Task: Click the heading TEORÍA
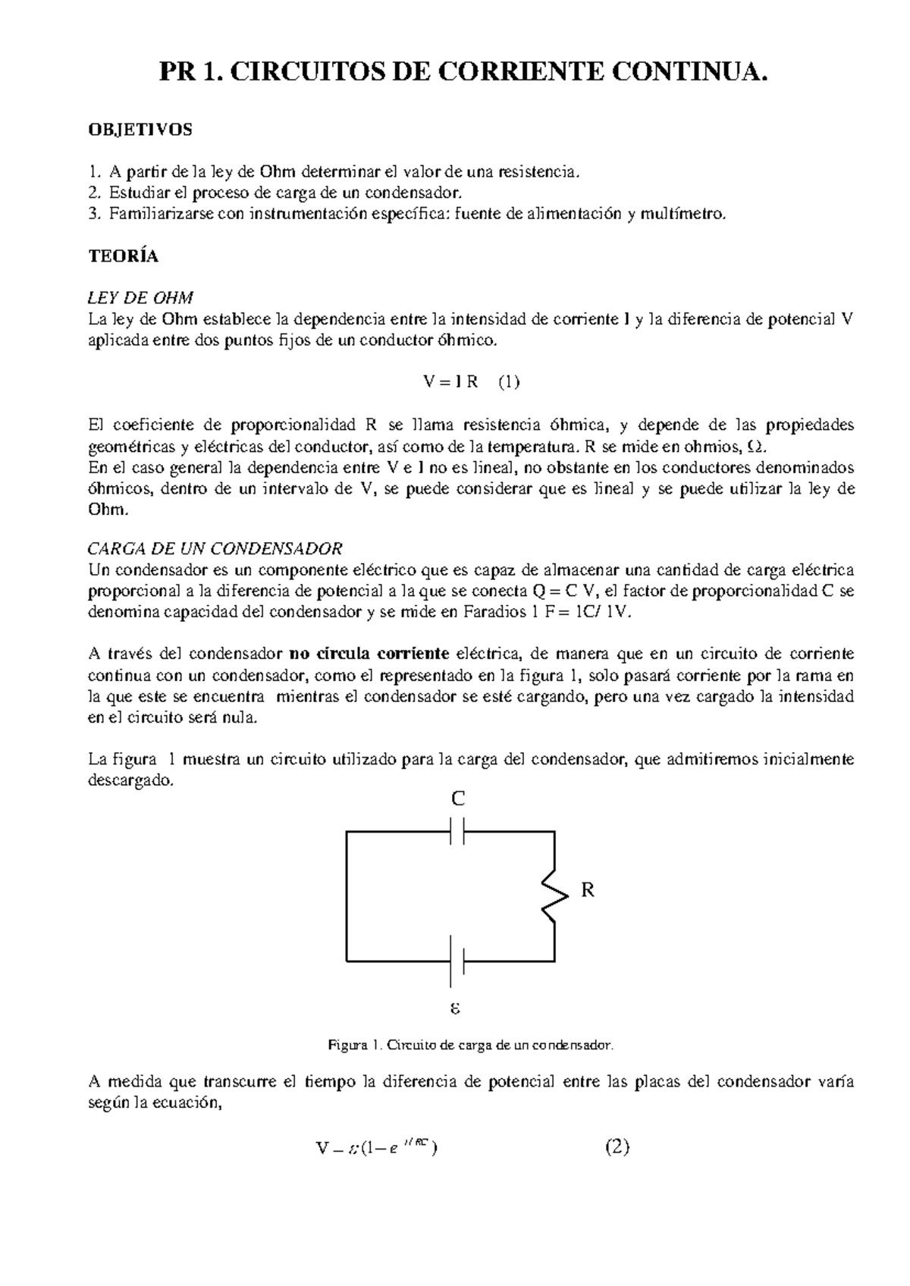tap(124, 256)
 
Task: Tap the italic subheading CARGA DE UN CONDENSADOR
tap(215, 548)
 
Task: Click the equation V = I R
tap(451, 382)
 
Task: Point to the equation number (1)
tap(509, 382)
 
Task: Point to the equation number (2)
tap(617, 1147)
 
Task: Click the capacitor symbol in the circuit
tap(457, 832)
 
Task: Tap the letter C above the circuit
tap(458, 798)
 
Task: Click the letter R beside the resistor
tap(588, 891)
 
